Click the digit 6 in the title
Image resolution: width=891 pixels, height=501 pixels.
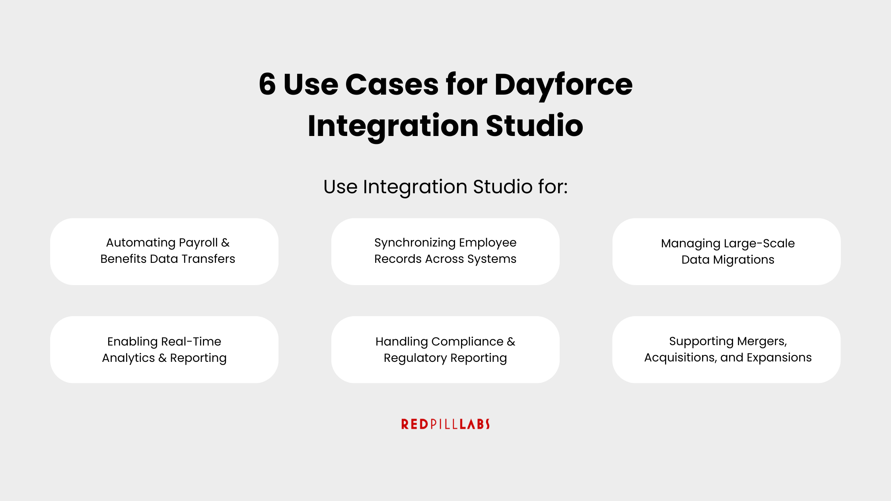[x=267, y=84]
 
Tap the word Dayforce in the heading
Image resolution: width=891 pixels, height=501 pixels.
[x=563, y=85]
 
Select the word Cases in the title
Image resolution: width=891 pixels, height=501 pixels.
[x=392, y=84]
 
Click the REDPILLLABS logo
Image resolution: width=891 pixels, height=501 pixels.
[x=445, y=424]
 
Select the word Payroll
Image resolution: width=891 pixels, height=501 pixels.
[x=198, y=243]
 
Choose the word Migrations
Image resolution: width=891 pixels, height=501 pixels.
[x=743, y=260]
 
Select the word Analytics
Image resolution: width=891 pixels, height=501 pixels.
[x=128, y=358]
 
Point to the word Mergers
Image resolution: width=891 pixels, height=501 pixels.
[x=762, y=341]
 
